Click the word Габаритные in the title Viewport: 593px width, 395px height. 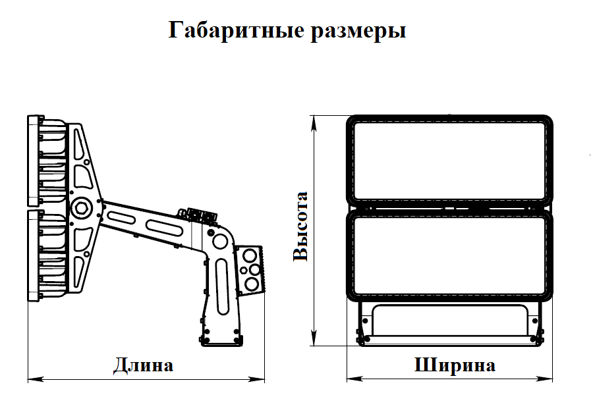coord(236,30)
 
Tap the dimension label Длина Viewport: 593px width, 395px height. coord(144,365)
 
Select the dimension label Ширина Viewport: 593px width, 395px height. coord(455,365)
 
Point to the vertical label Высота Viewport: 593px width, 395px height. coord(301,226)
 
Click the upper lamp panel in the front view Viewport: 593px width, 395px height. coord(449,161)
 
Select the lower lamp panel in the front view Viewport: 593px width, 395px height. coord(449,256)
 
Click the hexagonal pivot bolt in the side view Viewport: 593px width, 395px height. coord(81,207)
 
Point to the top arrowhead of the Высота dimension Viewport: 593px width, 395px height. coord(314,123)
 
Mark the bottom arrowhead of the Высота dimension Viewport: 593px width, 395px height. coord(314,338)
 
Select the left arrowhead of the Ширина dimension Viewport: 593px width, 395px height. coord(354,379)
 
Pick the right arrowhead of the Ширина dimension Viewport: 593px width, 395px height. coord(545,379)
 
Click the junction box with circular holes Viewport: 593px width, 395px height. coord(249,270)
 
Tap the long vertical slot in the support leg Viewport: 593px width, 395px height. coord(223,287)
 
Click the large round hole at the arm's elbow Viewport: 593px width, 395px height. coord(220,242)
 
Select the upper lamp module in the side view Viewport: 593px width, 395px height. coord(47,161)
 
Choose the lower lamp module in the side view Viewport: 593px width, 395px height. coord(47,255)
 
